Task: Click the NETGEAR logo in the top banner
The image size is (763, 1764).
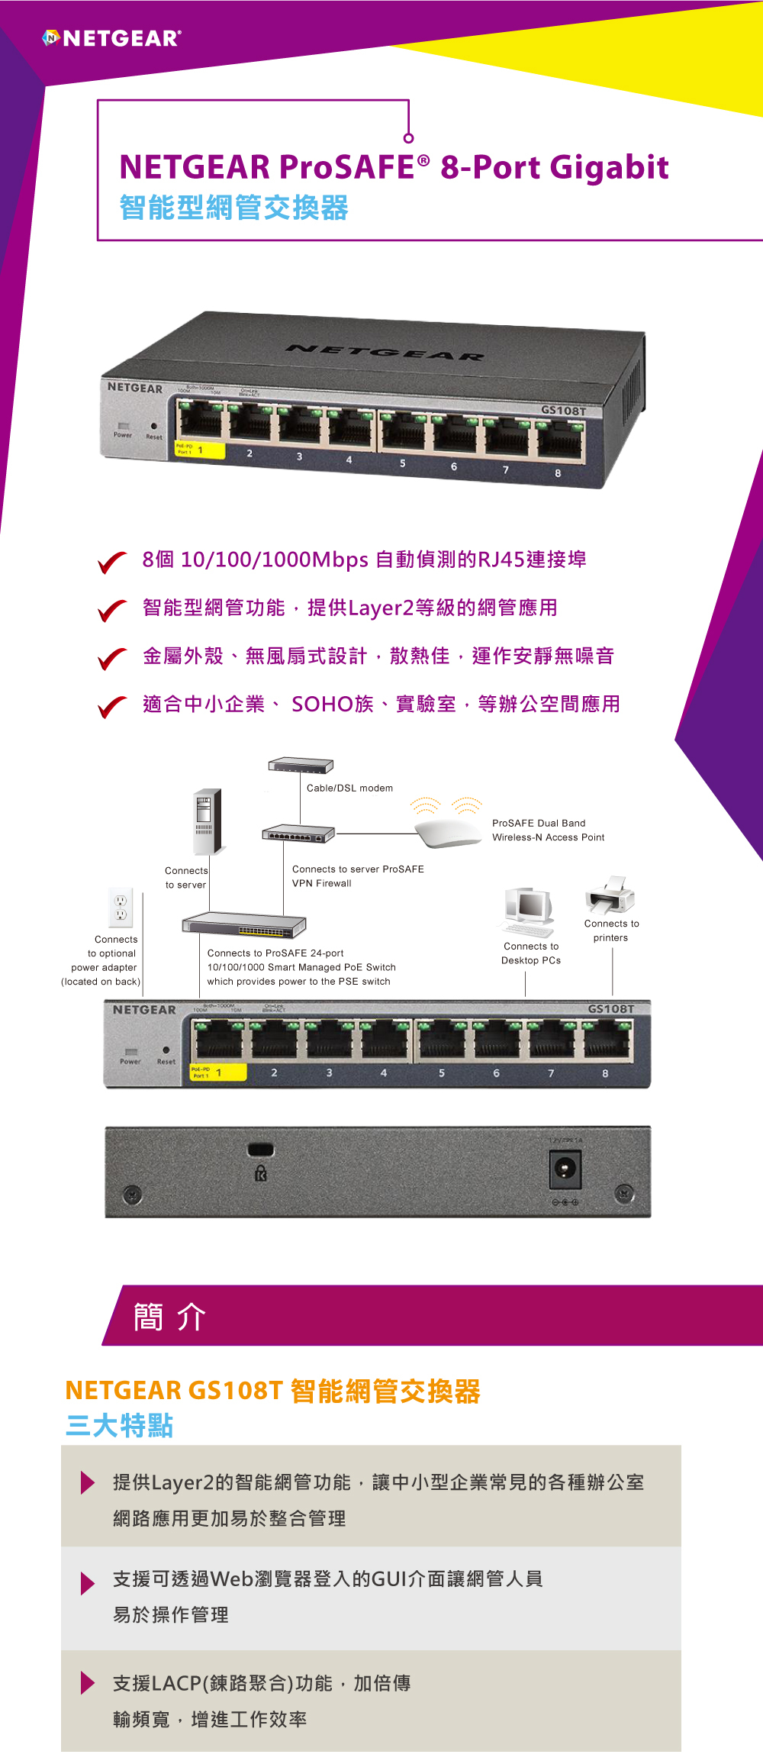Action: (x=112, y=38)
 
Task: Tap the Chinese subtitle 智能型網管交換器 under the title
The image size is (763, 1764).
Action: (x=233, y=208)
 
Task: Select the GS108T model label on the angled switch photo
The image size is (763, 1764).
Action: (x=563, y=411)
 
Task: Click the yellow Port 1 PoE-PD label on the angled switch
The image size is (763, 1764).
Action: (x=200, y=450)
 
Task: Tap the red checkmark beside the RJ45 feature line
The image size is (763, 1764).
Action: (x=112, y=563)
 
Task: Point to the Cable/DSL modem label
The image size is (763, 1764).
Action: (x=349, y=788)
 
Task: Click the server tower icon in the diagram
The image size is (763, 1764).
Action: (x=208, y=821)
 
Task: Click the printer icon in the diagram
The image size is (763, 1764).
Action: (x=610, y=895)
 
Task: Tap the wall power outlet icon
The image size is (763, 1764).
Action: (x=121, y=907)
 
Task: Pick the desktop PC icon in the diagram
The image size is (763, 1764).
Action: (x=528, y=911)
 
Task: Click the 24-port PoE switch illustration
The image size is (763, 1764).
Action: (x=244, y=924)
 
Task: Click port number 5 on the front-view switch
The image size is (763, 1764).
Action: (x=442, y=1073)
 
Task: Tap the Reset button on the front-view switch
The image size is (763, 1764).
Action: (x=166, y=1050)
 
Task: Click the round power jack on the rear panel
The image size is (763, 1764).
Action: (x=565, y=1169)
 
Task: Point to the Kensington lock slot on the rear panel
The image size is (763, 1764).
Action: (x=261, y=1150)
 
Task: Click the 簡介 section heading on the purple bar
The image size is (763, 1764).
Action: (x=169, y=1317)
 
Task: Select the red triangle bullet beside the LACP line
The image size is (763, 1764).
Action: (x=88, y=1682)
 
